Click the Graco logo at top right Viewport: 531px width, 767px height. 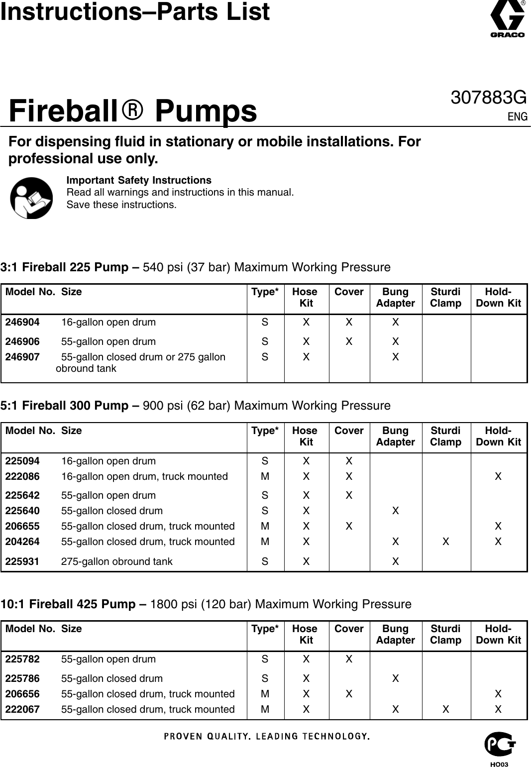coord(508,20)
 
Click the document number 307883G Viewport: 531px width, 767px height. coord(488,98)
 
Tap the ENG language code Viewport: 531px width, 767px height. coord(517,117)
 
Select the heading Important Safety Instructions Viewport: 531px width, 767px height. coord(139,180)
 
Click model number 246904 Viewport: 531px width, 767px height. coord(22,322)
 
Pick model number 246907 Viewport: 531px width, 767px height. coord(22,357)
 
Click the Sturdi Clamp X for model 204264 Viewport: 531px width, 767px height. coord(446,542)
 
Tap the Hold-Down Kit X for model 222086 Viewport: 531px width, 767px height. coord(498,476)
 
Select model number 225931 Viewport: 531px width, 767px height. coord(22,561)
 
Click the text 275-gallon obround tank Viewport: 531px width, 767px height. coord(116,561)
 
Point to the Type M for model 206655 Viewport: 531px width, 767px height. coord(265,526)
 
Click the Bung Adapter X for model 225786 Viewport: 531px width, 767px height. coord(395,678)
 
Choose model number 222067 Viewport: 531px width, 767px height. coord(22,709)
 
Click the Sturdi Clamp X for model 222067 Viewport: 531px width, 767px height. coord(446,709)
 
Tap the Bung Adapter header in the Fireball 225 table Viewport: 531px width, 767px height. coord(395,298)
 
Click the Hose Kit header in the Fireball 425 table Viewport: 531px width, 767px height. coord(305,635)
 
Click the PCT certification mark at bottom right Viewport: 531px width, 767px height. coord(500,745)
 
